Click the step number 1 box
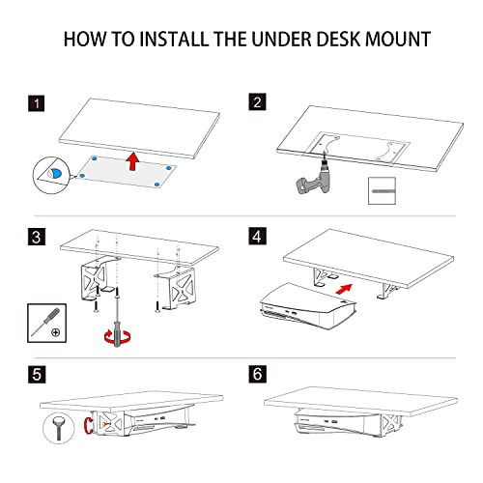pyautogui.click(x=36, y=102)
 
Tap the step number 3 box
pyautogui.click(x=36, y=235)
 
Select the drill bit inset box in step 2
pyautogui.click(x=384, y=191)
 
